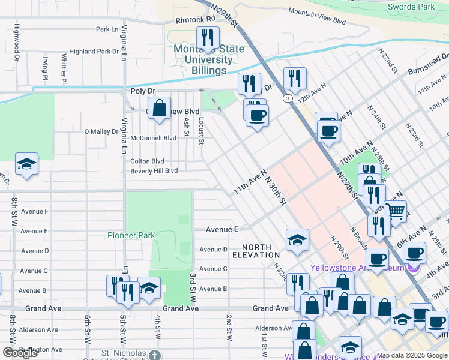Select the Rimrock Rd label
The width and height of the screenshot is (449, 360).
(195, 20)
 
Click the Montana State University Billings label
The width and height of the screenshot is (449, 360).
(200, 59)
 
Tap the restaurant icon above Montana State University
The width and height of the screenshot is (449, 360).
(208, 38)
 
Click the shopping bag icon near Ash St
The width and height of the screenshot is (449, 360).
(159, 109)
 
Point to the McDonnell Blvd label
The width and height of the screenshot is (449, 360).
(153, 137)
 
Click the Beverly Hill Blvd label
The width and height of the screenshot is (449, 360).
(154, 171)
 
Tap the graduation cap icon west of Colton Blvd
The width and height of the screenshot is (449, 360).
(26, 164)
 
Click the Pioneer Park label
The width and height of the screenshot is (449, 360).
(127, 235)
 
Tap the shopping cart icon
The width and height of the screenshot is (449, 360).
(395, 211)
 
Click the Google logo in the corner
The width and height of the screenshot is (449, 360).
(20, 353)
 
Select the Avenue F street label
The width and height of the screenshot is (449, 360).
(34, 211)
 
